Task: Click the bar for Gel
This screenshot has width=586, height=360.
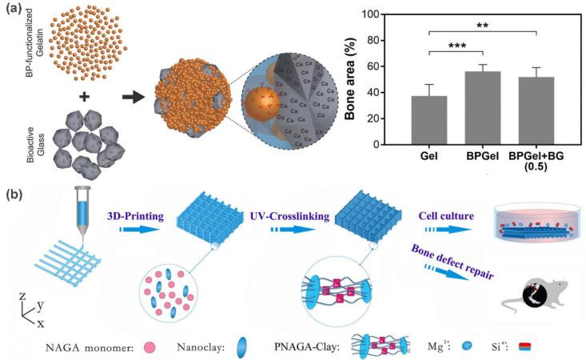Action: (435, 119)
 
